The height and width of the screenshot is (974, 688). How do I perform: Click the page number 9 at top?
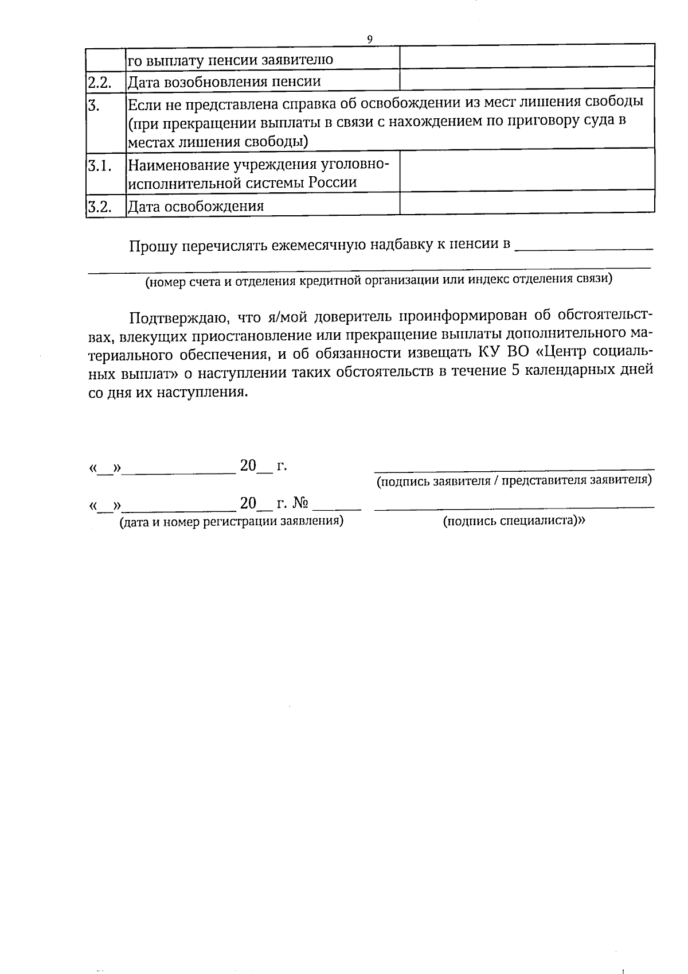point(369,39)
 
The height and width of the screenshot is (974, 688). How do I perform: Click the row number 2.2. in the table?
point(99,82)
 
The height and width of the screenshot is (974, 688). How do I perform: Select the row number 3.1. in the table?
point(99,165)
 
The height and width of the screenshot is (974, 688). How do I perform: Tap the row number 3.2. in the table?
point(99,206)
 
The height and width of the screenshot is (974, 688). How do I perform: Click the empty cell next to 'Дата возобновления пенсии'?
point(526,79)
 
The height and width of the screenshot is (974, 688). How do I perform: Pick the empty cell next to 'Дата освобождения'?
point(526,203)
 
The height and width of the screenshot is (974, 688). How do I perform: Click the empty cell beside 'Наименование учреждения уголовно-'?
point(526,170)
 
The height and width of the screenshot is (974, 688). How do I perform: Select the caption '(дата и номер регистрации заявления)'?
point(231,522)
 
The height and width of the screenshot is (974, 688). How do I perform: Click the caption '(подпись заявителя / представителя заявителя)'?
point(514,480)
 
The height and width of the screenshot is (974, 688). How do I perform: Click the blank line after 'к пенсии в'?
point(584,247)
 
